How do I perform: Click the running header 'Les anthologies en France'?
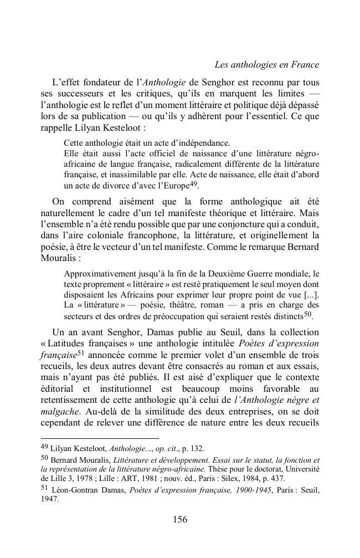266,65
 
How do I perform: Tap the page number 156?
180,519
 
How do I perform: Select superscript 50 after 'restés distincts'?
308,314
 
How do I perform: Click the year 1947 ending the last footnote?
50,498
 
